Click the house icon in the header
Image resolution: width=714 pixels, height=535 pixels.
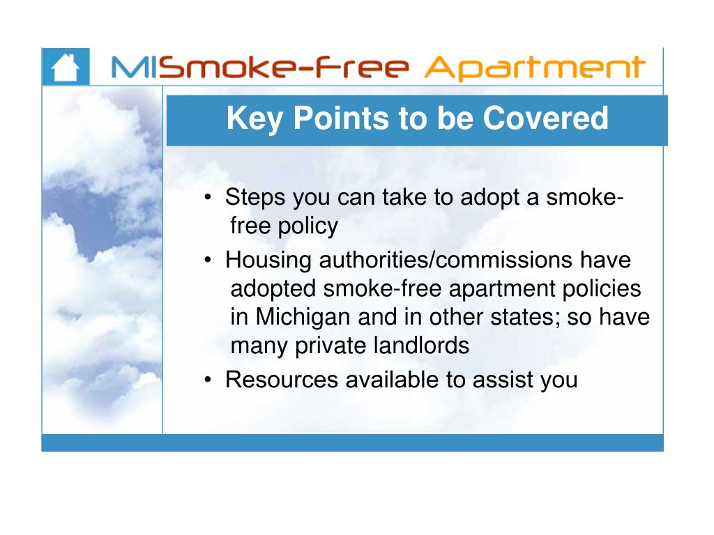point(66,68)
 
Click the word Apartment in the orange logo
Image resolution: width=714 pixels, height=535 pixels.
point(534,68)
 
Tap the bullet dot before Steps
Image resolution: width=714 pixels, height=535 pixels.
point(208,199)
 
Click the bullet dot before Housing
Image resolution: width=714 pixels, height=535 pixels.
point(208,261)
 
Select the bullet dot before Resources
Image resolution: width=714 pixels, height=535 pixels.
point(208,381)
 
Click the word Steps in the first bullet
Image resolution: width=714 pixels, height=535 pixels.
point(255,198)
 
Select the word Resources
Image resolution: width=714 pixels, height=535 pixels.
point(283,380)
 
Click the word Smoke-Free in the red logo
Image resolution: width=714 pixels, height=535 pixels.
point(287,68)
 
